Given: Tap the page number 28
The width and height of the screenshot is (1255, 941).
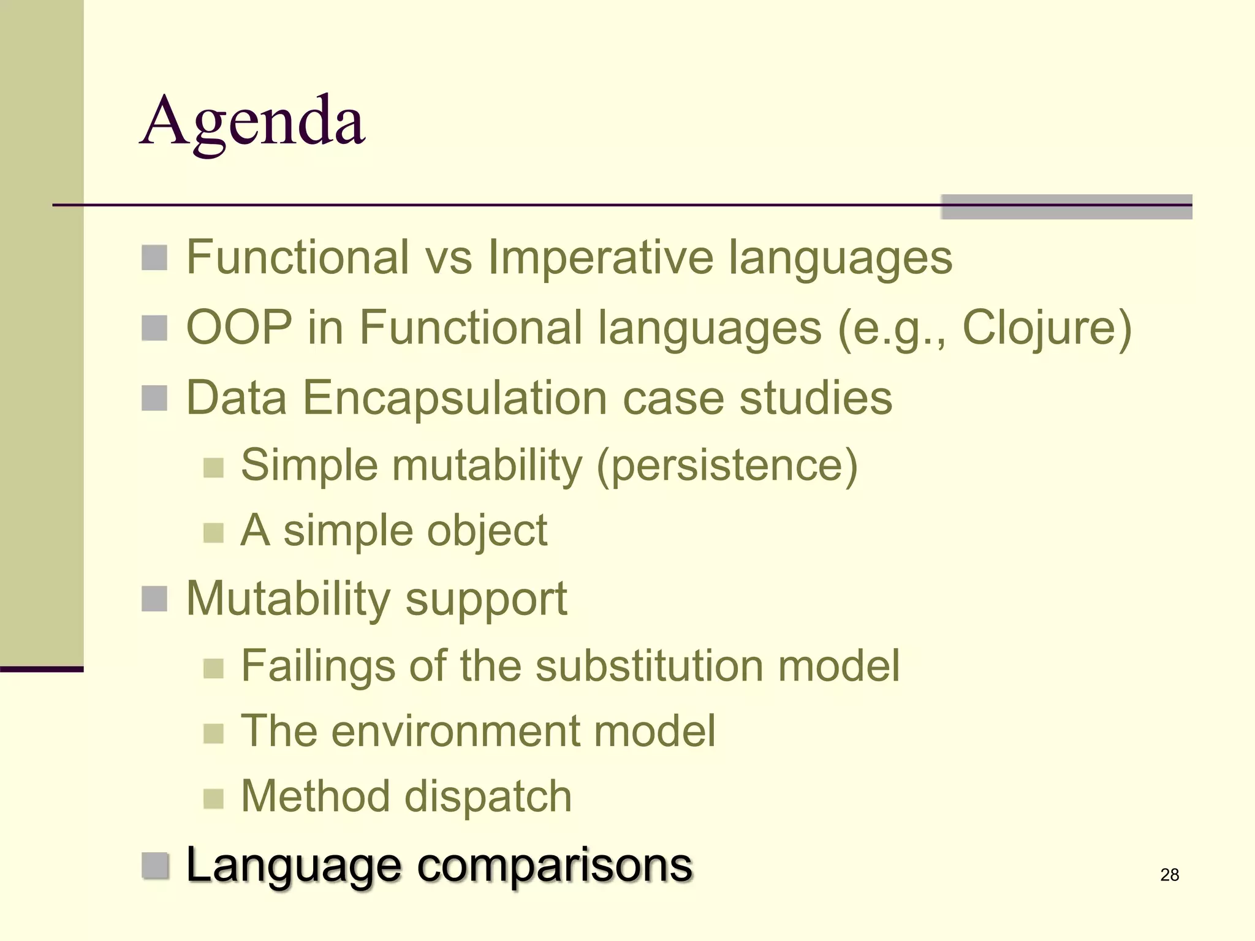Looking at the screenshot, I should point(1169,875).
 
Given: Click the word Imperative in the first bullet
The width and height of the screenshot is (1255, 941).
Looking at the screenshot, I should point(600,257).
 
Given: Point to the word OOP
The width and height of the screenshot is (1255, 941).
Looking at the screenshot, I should point(239,328).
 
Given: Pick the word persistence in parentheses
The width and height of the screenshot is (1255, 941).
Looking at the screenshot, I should point(727,466).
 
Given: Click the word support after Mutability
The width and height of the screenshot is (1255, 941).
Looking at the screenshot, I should point(486,599).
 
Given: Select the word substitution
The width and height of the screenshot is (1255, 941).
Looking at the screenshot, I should point(649,666).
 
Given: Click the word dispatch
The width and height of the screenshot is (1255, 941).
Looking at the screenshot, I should point(488,796).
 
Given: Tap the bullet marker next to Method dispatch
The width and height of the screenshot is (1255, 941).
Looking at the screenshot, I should point(213,798).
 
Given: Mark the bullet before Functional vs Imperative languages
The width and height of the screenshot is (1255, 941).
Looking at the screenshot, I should point(154,258).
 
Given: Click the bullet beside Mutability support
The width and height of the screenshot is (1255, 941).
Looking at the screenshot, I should point(154,599).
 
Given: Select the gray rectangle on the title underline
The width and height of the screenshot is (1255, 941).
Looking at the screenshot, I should point(1066,206).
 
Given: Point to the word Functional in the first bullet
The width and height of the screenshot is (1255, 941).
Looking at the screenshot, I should point(297,257).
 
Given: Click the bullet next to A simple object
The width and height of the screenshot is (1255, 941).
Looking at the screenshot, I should point(213,532).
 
